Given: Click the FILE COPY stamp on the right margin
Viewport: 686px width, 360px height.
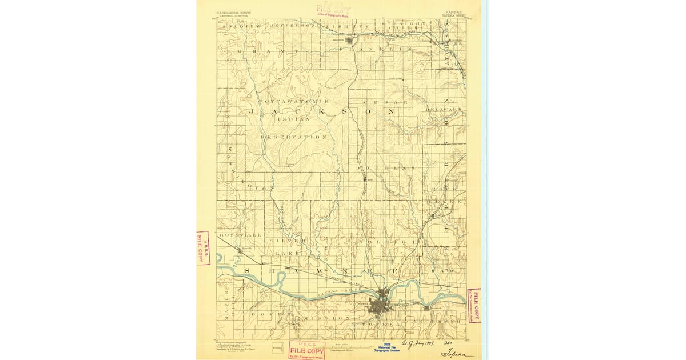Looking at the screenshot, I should pyautogui.click(x=474, y=306).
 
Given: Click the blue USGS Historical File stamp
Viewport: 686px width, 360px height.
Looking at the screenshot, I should pyautogui.click(x=385, y=347).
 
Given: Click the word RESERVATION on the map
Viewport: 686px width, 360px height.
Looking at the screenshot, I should pyautogui.click(x=294, y=137).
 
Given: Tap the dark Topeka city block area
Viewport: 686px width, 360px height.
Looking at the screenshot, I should pyautogui.click(x=378, y=307).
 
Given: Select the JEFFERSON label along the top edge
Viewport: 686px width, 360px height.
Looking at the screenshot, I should pyautogui.click(x=292, y=26).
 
